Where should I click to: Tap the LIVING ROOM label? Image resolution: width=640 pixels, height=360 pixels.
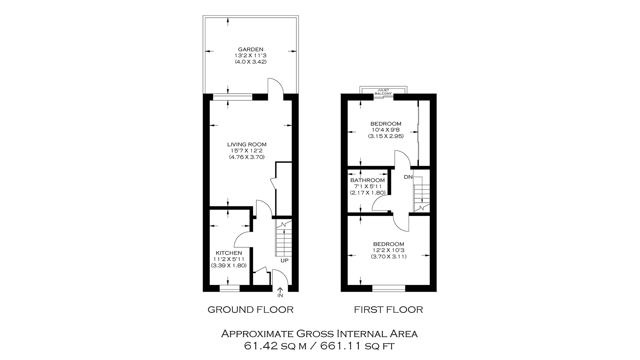[x=247, y=145]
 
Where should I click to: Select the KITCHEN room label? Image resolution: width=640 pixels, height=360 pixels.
[x=229, y=253]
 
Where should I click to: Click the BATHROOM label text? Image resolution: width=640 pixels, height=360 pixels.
[x=367, y=180]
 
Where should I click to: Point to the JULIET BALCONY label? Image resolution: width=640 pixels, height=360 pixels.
[x=383, y=92]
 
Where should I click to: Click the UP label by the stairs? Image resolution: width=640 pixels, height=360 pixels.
[x=284, y=261]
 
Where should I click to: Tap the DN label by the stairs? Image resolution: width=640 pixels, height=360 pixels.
[x=408, y=177]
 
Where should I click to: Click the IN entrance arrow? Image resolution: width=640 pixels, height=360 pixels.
[x=280, y=292]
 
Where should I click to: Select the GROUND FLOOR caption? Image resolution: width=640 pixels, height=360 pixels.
[x=250, y=310]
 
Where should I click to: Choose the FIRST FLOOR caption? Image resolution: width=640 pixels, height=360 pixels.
[x=388, y=310]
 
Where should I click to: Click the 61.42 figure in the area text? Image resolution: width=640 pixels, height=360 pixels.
[x=260, y=346]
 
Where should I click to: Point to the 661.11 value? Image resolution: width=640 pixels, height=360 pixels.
[x=341, y=346]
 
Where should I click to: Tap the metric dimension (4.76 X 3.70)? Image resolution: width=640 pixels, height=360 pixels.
[x=247, y=157]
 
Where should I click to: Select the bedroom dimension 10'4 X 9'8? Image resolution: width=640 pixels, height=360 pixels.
[x=386, y=130]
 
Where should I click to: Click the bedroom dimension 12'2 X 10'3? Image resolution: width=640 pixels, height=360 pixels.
[x=388, y=250]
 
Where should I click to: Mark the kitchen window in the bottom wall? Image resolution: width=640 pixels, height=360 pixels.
[x=229, y=288]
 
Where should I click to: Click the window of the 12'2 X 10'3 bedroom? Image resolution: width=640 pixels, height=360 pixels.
[x=388, y=288]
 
